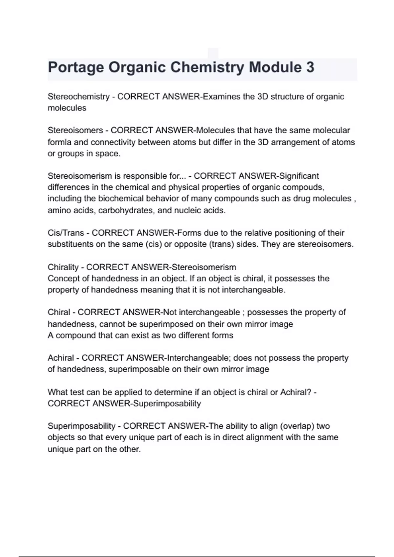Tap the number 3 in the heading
(x=310, y=67)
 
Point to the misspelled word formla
(x=59, y=142)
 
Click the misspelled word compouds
(x=303, y=187)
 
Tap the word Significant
(x=298, y=176)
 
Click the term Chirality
(x=63, y=267)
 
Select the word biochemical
(x=121, y=199)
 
